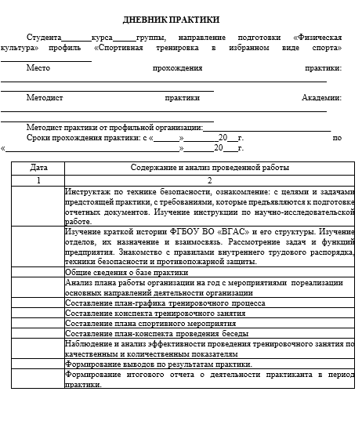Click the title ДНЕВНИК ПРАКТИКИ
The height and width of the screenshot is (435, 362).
point(182,20)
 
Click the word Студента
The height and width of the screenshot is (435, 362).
point(44,38)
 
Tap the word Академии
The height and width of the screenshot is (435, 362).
point(320,98)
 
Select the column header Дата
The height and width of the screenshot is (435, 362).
point(38,168)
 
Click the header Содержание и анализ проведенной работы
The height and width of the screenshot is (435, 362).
point(210,168)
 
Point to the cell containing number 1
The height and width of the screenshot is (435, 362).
point(38,180)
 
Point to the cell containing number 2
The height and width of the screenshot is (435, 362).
point(210,180)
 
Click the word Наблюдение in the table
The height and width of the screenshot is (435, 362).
point(91,343)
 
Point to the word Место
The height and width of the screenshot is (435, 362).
point(38,68)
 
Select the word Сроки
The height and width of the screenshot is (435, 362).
point(39,137)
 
